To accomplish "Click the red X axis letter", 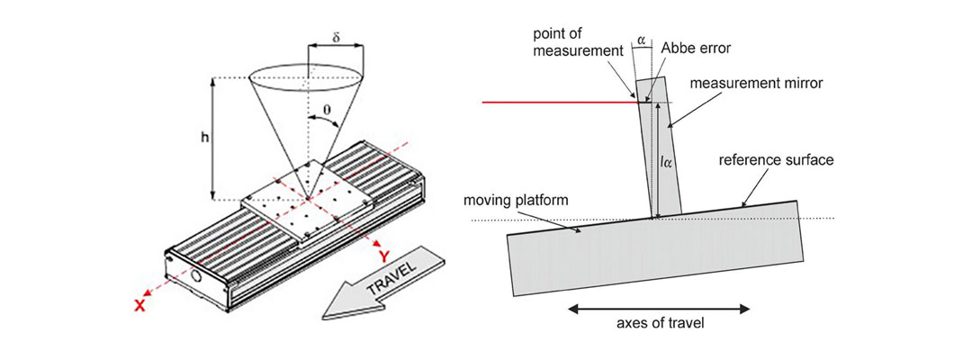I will tap(139, 306).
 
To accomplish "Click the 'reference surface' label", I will tap(777, 160).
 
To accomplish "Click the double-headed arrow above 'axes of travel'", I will tap(658, 309).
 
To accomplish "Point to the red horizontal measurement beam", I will tap(558, 103).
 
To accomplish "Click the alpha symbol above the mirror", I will tap(641, 39).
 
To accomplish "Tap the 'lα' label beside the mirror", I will tap(668, 163).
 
